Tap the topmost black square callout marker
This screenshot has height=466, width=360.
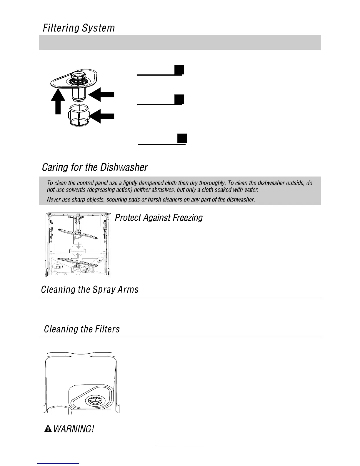point(179,70)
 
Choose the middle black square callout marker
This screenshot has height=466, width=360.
point(179,99)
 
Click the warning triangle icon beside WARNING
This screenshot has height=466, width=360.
point(47,429)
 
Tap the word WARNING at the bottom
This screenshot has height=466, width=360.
point(74,429)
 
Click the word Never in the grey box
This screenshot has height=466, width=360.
point(53,200)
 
